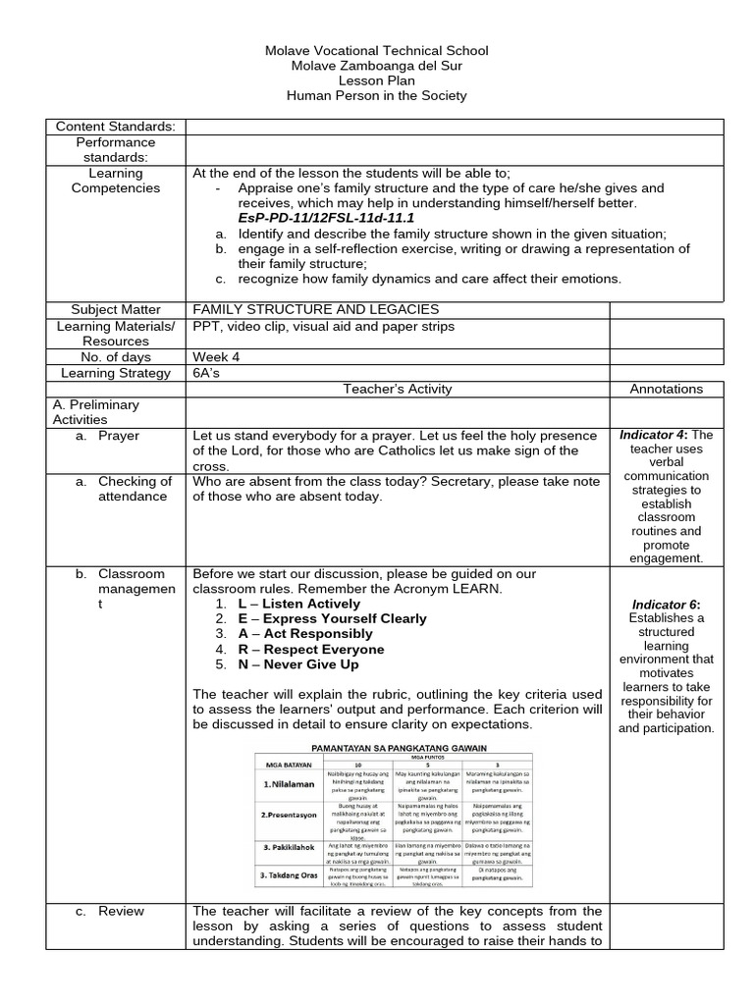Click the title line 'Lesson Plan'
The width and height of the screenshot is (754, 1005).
[377, 80]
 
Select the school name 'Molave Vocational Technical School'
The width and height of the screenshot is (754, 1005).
[377, 51]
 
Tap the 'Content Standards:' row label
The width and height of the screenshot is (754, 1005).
[116, 127]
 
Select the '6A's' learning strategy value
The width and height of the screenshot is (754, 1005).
[208, 373]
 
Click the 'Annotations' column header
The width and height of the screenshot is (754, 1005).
[666, 389]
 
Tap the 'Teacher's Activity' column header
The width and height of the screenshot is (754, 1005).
[397, 389]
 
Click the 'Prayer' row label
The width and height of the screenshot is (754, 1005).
[119, 436]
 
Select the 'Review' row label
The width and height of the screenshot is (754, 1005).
[121, 912]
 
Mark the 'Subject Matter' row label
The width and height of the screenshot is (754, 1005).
[116, 309]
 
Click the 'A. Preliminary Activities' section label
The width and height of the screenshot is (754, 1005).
[95, 412]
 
